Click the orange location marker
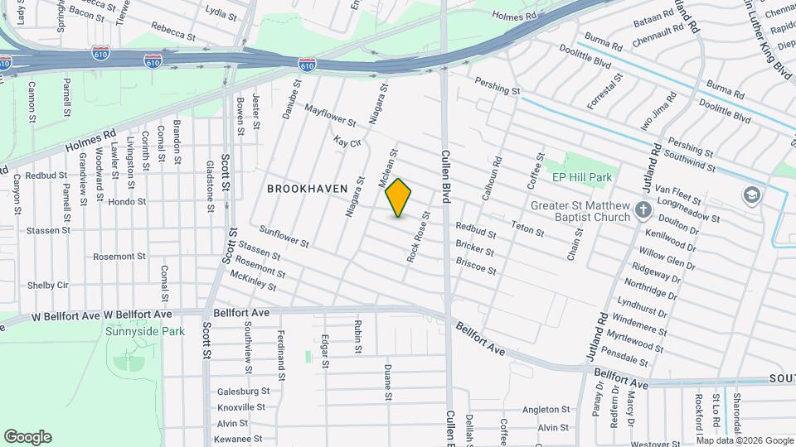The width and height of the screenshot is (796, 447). tap(399, 198)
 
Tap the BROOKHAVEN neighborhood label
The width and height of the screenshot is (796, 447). tap(307, 189)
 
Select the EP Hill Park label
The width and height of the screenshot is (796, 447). tap(581, 177)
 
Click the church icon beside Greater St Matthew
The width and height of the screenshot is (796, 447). tap(643, 210)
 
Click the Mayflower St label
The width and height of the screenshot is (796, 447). tap(330, 115)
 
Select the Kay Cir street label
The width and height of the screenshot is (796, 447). tap(348, 142)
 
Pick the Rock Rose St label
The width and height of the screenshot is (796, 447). tap(418, 237)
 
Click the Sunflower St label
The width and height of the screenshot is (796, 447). tap(284, 238)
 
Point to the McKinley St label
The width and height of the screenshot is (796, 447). tap(253, 281)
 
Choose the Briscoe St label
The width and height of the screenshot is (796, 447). tap(476, 265)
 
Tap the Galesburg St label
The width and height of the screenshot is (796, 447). tap(243, 391)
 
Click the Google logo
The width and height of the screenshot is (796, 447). tap(27, 436)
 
